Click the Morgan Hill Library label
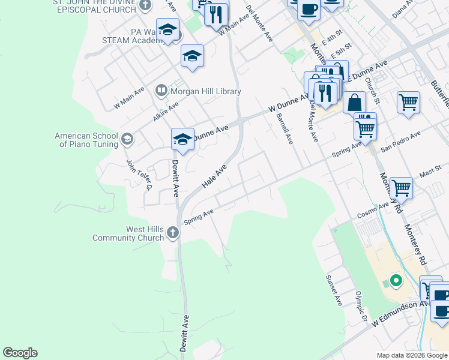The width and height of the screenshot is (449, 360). [x=206, y=92]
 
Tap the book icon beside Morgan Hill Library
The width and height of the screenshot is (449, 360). [x=161, y=91]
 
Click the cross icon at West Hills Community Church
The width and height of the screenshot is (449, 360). [x=173, y=232]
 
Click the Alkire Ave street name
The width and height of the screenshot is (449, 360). [x=166, y=111]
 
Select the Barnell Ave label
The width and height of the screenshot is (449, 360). [x=285, y=129]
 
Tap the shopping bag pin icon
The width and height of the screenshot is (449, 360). [x=355, y=102]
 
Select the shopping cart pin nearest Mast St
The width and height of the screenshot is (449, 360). [x=401, y=187]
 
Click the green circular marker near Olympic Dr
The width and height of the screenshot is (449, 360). [x=396, y=280]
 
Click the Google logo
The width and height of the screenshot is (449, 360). [x=20, y=353]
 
